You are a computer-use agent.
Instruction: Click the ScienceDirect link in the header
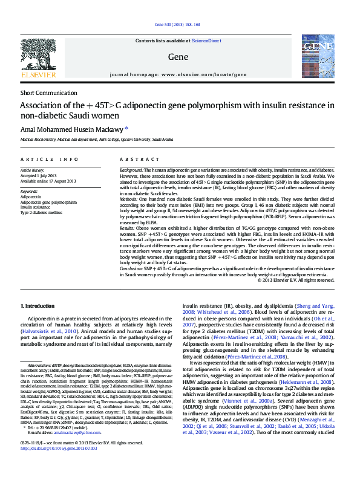coord(206,41)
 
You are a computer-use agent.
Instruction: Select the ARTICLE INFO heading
coord(50,159)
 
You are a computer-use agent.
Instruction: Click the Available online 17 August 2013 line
coord(48,181)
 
